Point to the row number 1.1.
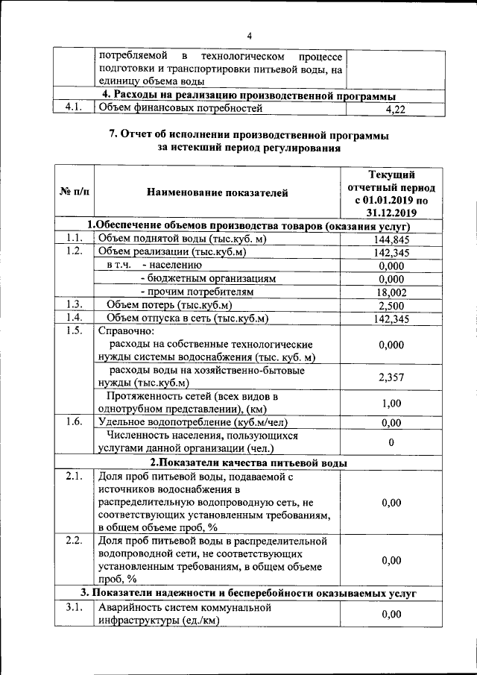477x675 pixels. (x=73, y=239)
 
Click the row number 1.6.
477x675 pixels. (x=73, y=422)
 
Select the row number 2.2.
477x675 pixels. (x=73, y=540)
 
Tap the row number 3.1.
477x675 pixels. (x=73, y=608)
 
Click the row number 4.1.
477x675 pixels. (x=73, y=109)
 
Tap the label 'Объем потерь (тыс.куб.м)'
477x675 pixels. (x=169, y=305)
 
